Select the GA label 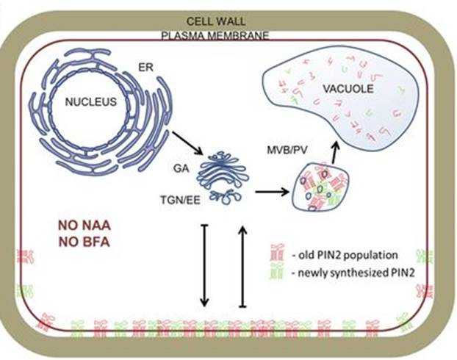[x=179, y=168]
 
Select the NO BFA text [x=82, y=240]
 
